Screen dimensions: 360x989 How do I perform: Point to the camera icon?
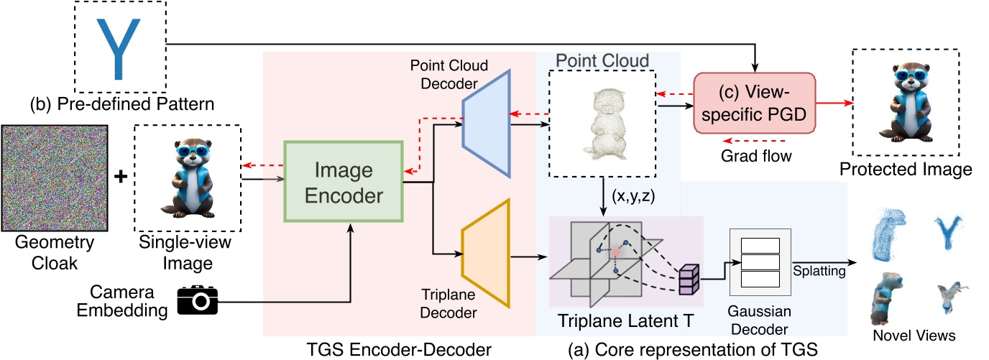197,300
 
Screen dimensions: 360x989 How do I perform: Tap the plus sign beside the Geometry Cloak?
121,177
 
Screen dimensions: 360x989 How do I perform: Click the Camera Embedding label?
124,303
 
